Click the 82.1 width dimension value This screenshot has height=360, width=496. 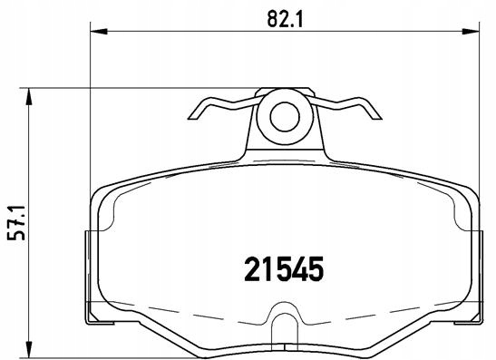[x=285, y=19]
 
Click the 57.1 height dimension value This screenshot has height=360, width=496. [x=16, y=223]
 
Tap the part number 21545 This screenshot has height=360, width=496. [x=284, y=269]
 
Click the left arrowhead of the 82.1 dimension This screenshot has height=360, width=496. [x=99, y=31]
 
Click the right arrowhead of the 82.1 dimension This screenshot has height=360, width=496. [x=471, y=31]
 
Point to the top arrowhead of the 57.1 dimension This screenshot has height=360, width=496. [x=29, y=96]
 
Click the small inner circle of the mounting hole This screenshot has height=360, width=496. [x=285, y=117]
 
